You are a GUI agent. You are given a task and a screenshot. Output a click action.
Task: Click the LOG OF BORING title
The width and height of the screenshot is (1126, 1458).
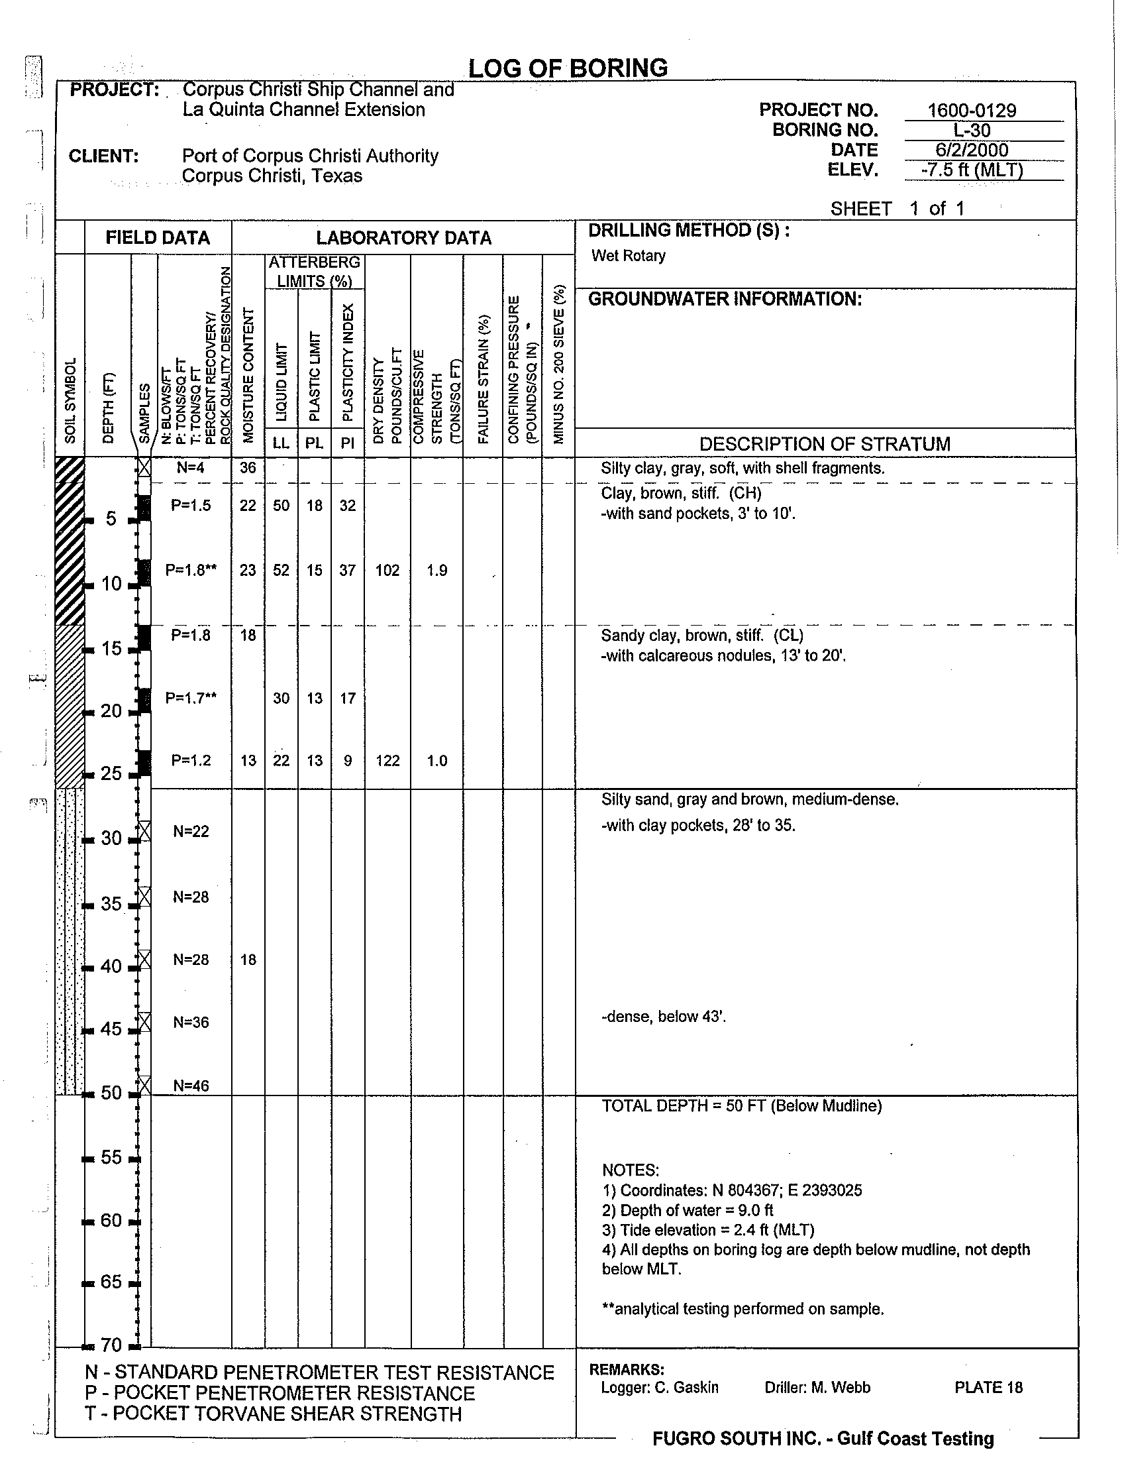pos(568,68)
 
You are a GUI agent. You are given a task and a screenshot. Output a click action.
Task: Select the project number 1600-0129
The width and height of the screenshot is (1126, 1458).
pos(972,110)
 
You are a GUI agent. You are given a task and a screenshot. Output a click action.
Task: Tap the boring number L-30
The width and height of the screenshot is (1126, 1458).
pos(972,130)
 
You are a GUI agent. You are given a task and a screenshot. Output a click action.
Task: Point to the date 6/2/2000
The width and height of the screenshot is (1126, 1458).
pos(972,150)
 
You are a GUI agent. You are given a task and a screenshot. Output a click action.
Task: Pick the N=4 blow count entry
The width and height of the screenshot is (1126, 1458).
pos(191,468)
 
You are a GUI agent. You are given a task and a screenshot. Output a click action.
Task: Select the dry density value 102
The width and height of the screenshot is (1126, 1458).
pos(387,571)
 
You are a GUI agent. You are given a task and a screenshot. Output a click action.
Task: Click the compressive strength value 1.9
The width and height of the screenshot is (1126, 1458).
pos(437,571)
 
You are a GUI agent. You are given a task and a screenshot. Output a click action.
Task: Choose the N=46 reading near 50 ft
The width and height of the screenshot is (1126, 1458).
pos(191,1086)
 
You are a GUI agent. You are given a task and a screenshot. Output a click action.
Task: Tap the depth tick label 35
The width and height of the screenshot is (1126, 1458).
pos(111,904)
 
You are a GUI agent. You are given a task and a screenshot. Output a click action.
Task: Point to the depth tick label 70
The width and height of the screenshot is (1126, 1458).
pos(111,1345)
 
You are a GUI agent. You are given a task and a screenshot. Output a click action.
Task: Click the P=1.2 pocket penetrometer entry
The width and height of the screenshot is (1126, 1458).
pos(191,760)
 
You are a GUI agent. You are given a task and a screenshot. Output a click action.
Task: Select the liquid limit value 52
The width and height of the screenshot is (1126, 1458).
pos(281,571)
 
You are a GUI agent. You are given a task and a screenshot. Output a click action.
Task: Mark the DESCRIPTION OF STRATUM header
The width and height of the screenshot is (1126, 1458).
pos(825,444)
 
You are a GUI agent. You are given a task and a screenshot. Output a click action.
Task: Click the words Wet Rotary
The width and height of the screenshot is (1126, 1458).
pos(629,256)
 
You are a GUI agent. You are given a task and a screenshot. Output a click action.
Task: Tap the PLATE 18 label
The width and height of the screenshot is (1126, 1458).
pos(988,1388)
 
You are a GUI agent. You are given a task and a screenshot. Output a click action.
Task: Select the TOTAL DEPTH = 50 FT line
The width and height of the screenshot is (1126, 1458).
pos(742,1106)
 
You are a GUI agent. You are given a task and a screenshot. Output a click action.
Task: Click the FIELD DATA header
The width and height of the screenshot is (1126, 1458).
pos(158,238)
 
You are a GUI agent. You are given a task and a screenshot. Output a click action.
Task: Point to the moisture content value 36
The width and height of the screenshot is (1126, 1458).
pos(248,468)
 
